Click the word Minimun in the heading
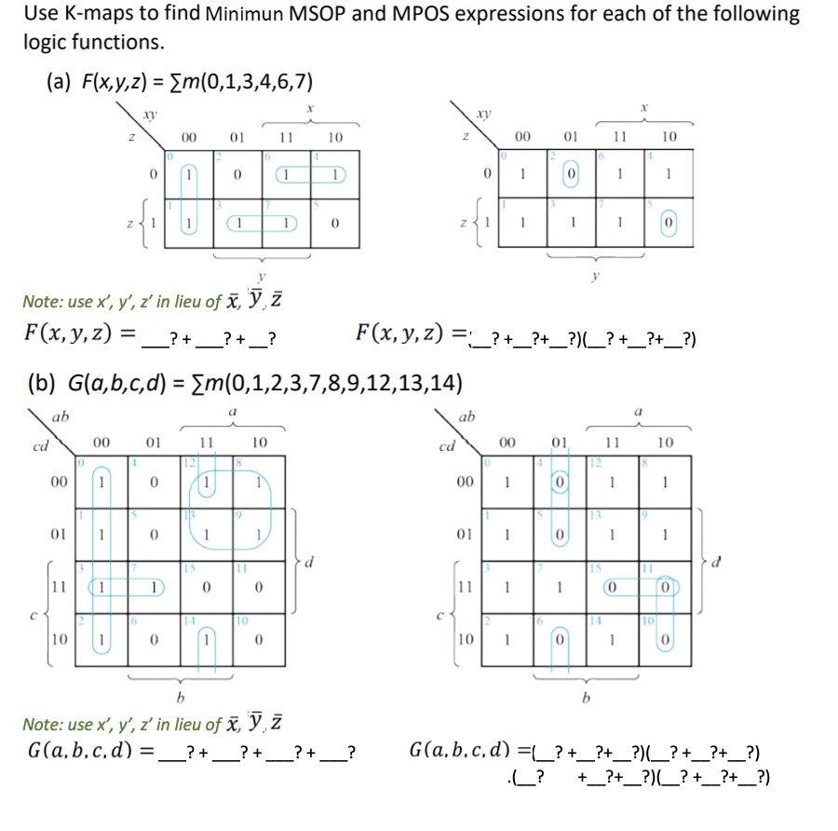pos(243,15)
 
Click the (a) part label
pos(61,82)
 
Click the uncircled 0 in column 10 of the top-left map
pos(334,225)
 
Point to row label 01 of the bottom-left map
pos(58,536)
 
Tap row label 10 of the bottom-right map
pos(465,640)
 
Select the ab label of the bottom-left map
pos(59,416)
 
